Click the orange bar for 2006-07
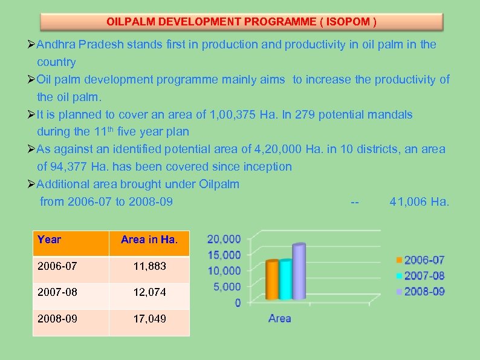[x=273, y=280]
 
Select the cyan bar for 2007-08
[x=286, y=279]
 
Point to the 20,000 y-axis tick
[x=224, y=240]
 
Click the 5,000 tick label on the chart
[x=227, y=286]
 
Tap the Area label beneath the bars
[x=279, y=318]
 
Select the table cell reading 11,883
[x=149, y=266]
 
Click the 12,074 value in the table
[x=149, y=292]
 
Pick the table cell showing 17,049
[x=149, y=319]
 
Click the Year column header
[x=50, y=240]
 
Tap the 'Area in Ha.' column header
[x=149, y=240]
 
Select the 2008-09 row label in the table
[x=57, y=319]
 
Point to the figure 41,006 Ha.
[x=420, y=201]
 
